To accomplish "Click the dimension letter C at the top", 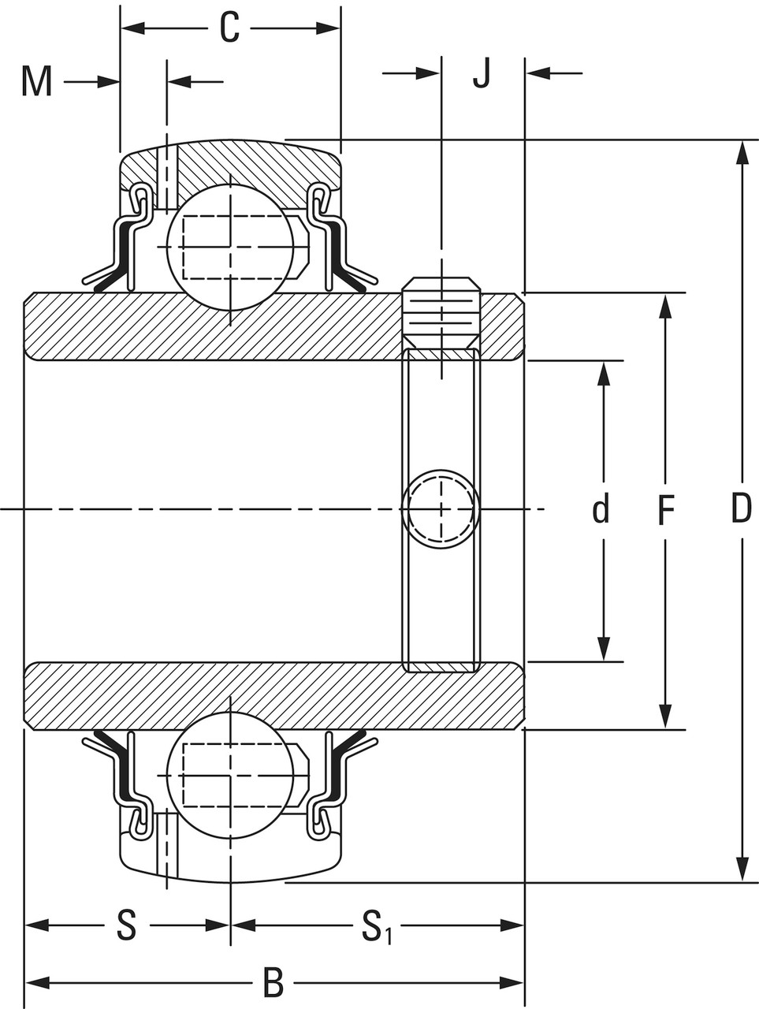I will [x=229, y=29].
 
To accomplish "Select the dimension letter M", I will [x=36, y=81].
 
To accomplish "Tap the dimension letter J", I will [x=482, y=73].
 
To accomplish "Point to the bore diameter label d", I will [x=601, y=510].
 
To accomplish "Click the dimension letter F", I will [x=666, y=511].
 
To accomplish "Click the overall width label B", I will [x=273, y=983].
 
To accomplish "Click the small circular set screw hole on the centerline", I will [x=441, y=508].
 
